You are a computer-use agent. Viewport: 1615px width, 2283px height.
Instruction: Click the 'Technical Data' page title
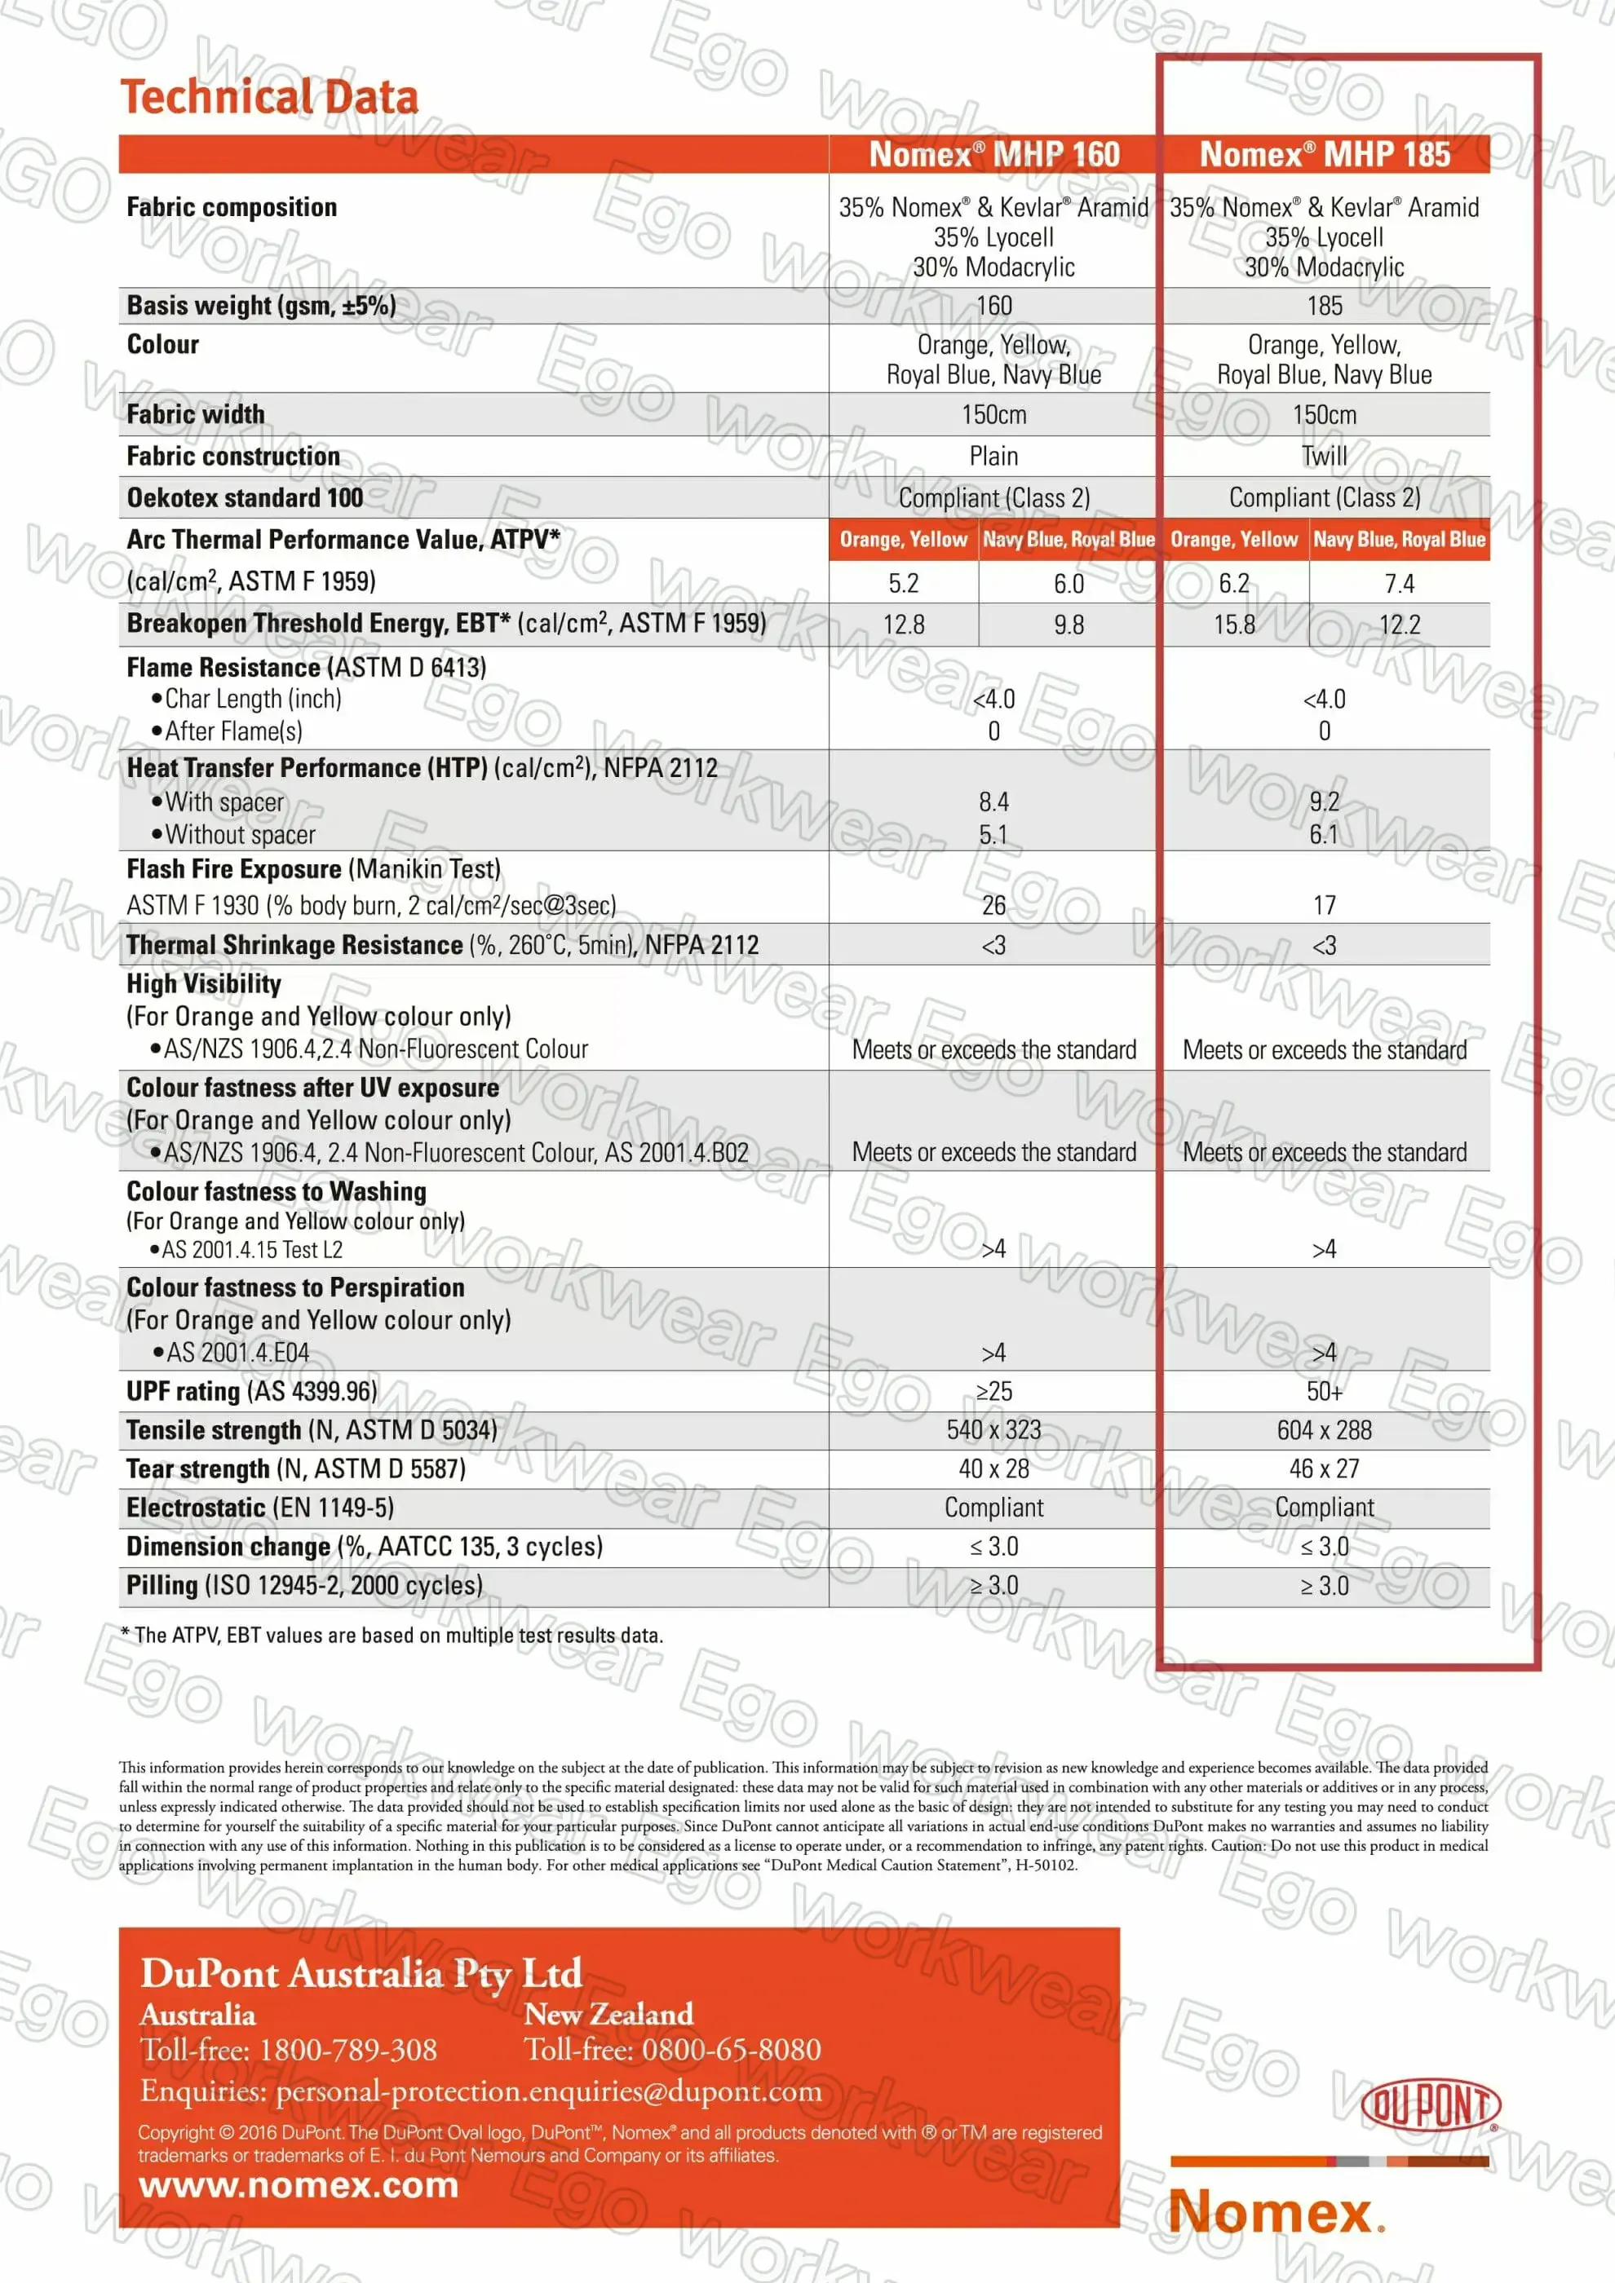[x=268, y=98]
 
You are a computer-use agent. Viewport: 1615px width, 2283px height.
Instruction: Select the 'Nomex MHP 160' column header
[x=993, y=154]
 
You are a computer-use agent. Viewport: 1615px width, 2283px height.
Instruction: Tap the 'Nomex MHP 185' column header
[x=1325, y=154]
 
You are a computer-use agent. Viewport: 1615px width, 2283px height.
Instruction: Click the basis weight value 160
[x=993, y=307]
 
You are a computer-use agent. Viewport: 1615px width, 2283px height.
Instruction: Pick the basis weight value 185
[x=1325, y=307]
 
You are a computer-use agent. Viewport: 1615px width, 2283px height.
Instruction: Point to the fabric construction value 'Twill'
[x=1325, y=457]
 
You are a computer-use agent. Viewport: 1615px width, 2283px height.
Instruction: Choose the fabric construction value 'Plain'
[x=993, y=457]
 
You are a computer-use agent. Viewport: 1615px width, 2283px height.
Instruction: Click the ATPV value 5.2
[x=903, y=584]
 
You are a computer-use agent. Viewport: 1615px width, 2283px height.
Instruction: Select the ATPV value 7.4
[x=1399, y=584]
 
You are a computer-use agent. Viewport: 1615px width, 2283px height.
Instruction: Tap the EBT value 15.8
[x=1234, y=625]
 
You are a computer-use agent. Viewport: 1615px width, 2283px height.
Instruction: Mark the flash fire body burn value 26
[x=993, y=906]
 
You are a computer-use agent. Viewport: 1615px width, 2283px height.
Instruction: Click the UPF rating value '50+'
[x=1325, y=1392]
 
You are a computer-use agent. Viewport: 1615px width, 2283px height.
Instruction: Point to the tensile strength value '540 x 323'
[x=993, y=1431]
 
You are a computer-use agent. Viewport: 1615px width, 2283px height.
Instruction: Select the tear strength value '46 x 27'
[x=1325, y=1469]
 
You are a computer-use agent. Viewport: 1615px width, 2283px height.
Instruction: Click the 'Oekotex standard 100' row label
[x=245, y=498]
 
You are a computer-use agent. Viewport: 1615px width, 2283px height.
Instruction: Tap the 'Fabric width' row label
[x=196, y=415]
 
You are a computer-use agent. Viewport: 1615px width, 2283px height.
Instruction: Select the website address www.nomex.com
[x=299, y=2185]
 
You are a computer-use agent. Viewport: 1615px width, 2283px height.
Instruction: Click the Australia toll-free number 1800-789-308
[x=348, y=2049]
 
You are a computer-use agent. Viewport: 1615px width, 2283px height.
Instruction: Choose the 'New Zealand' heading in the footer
[x=608, y=2015]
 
